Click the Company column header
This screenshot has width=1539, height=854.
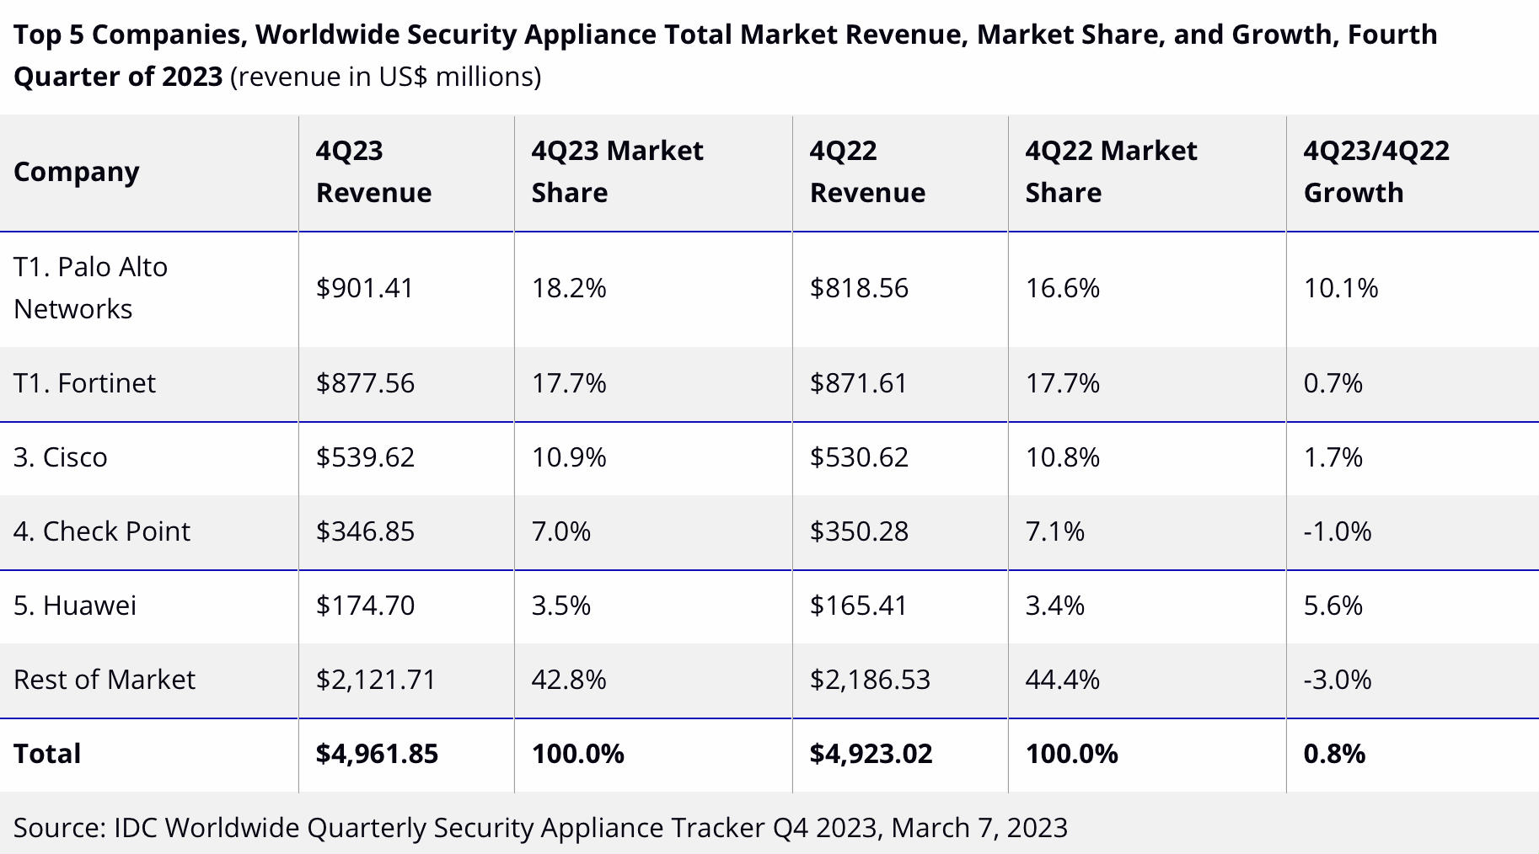[x=77, y=172]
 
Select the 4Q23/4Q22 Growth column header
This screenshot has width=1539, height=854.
[x=1375, y=172]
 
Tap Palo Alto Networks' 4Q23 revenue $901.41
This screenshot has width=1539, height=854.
[x=364, y=288]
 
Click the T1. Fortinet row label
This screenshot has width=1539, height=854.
[x=84, y=383]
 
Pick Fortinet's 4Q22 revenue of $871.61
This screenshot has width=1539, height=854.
[x=858, y=383]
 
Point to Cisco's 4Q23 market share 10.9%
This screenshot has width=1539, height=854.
[x=568, y=457]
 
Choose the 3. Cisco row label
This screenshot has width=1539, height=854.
[x=61, y=457]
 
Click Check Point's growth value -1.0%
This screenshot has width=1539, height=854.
[x=1337, y=531]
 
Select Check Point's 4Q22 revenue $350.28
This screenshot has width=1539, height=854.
[x=859, y=531]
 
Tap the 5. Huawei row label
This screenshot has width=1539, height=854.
[x=75, y=606]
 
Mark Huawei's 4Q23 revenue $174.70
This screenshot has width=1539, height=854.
[x=365, y=606]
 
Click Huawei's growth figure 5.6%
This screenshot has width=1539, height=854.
[x=1333, y=606]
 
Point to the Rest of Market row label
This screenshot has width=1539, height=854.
[x=105, y=680]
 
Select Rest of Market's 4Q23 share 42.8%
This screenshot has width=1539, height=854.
[x=568, y=680]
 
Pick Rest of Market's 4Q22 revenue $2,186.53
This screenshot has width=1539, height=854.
[x=870, y=680]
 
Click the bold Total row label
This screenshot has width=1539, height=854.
[x=47, y=754]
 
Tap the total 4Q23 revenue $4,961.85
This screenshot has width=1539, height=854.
[x=377, y=754]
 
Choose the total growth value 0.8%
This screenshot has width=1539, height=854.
[x=1333, y=754]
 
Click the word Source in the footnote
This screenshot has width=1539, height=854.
[x=59, y=828]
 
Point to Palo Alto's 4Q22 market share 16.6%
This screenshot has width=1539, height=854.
[x=1062, y=288]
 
